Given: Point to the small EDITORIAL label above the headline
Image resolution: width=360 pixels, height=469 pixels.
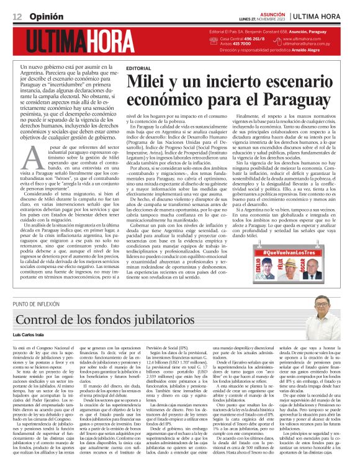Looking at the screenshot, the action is (x=138, y=68).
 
